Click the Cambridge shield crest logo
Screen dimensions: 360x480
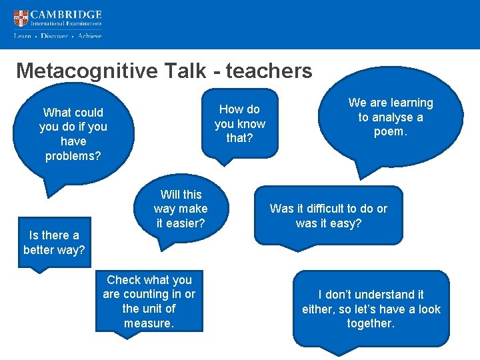[x=21, y=19]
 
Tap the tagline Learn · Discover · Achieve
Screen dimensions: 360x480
[x=57, y=36]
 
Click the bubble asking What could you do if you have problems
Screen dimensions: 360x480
[x=73, y=134]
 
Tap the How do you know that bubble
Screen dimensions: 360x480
[x=239, y=123]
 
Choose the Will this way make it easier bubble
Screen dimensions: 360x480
[x=180, y=209]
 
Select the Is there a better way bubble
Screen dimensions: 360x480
[x=53, y=243]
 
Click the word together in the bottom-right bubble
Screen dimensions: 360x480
[x=371, y=323]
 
